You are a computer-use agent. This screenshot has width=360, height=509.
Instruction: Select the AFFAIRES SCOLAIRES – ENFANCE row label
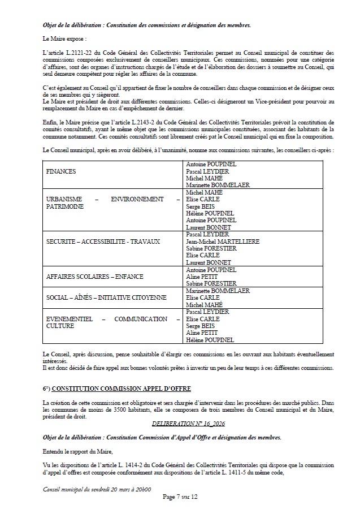point(95,277)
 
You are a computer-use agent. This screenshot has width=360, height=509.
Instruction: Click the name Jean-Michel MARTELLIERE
point(223,241)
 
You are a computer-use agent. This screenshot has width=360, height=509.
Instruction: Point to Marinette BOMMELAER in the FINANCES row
point(218,185)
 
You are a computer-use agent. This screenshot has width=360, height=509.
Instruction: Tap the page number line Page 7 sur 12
point(180,497)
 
